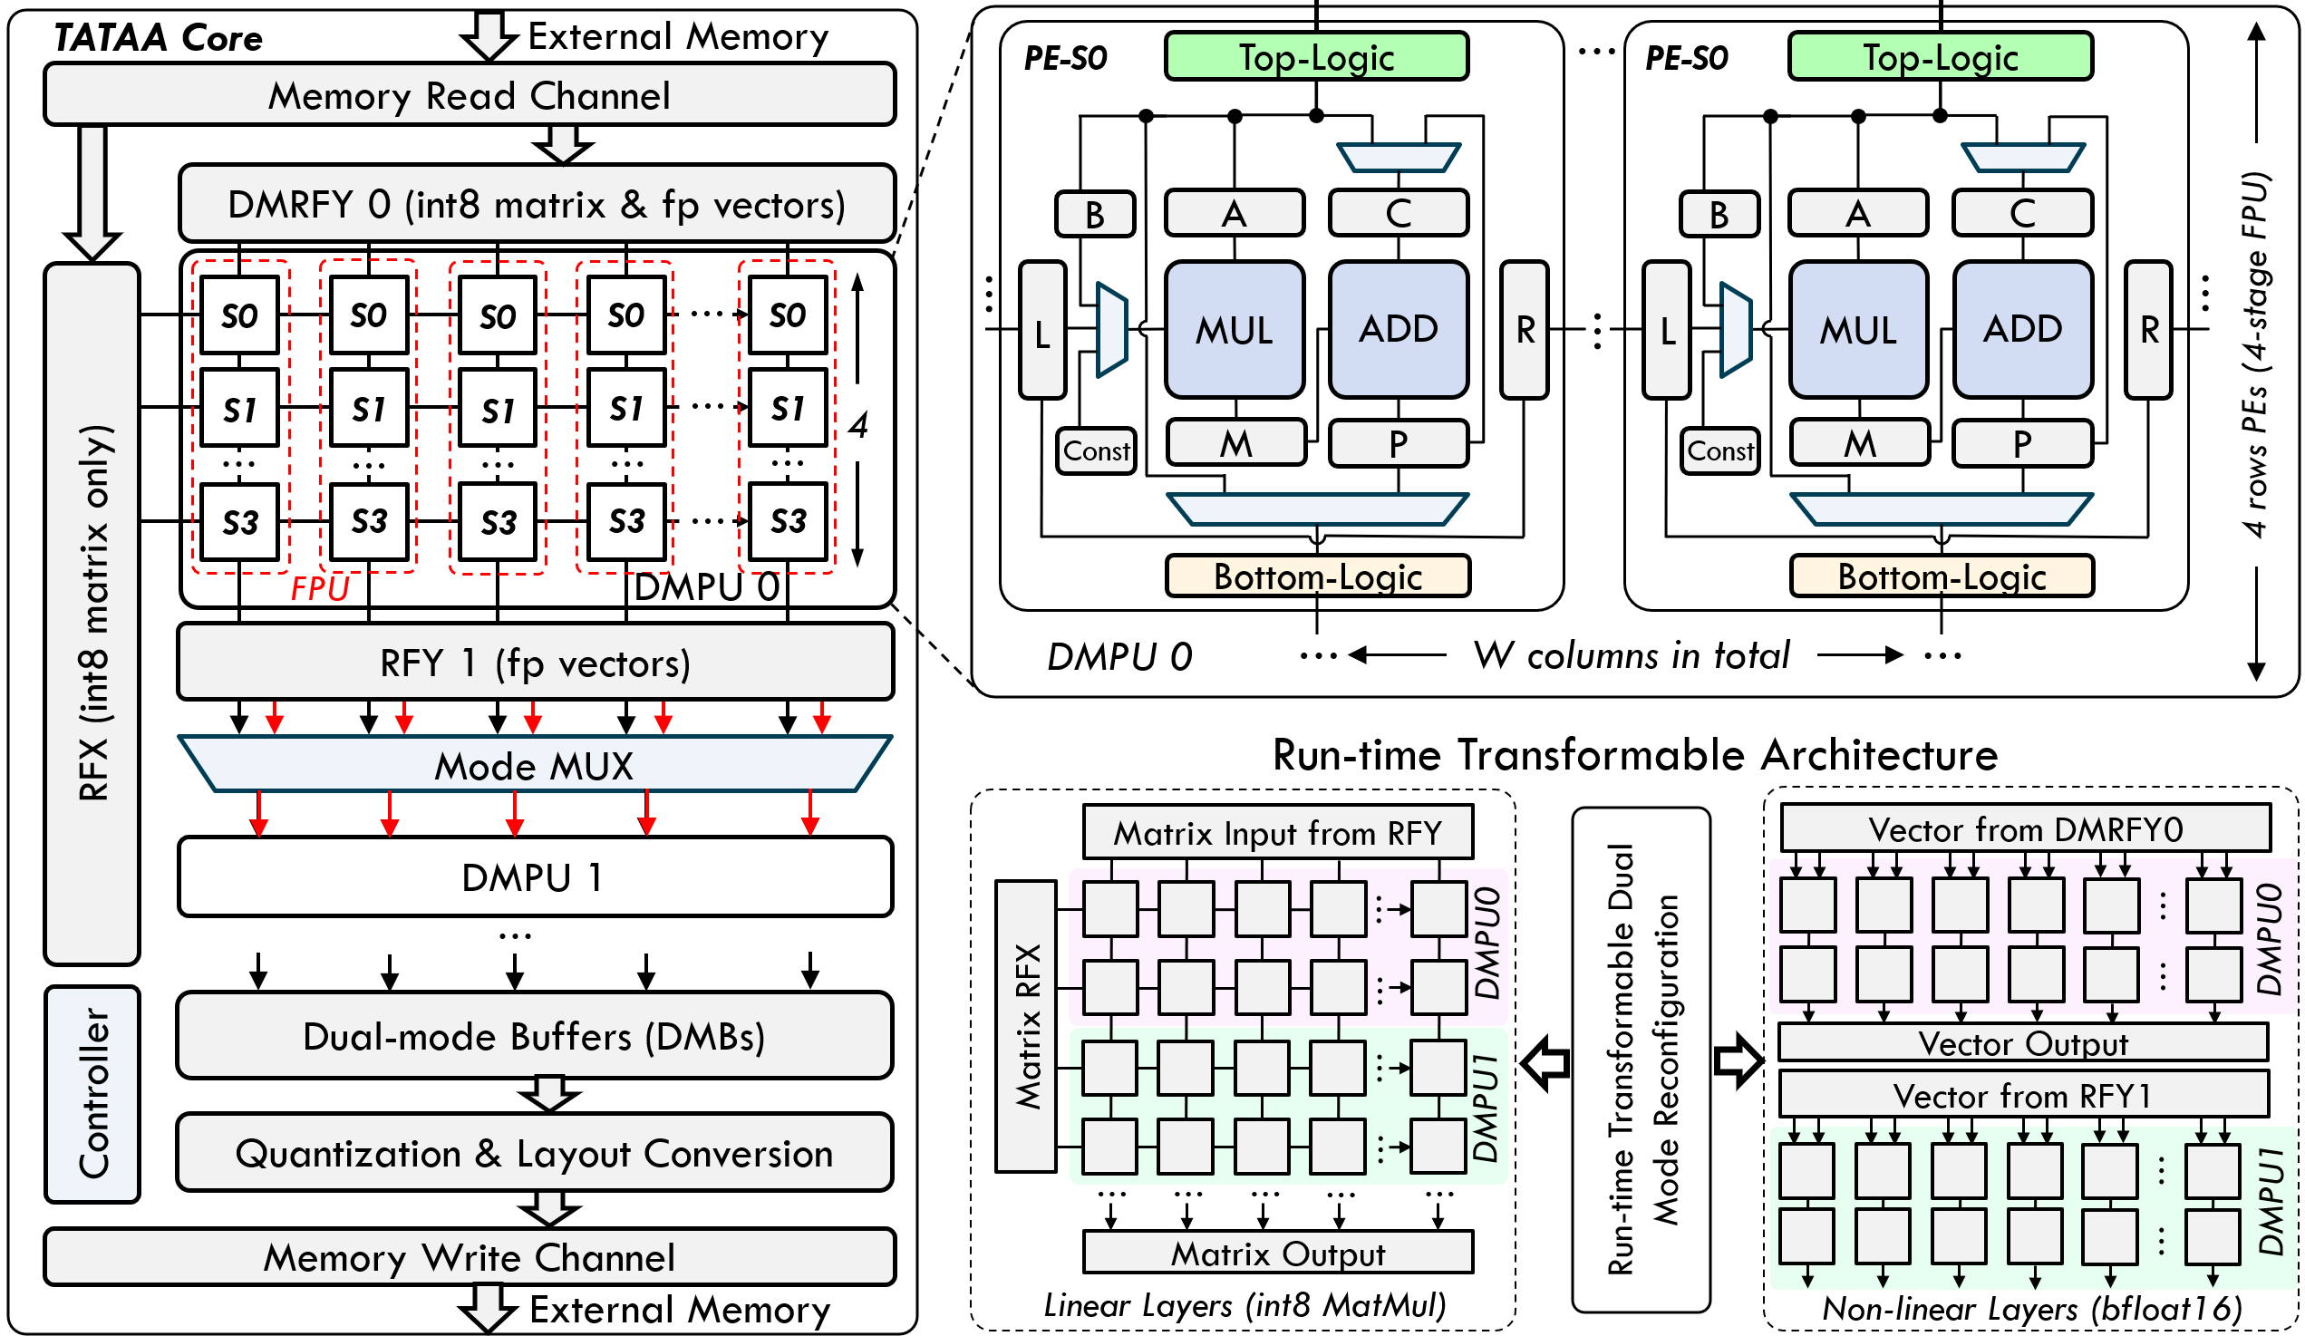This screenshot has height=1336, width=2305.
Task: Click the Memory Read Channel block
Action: (x=470, y=95)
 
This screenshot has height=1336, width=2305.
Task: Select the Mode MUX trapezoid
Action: (x=534, y=765)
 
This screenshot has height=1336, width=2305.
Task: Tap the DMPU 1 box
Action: (x=534, y=877)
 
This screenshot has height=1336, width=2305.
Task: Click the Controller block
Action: (x=92, y=1094)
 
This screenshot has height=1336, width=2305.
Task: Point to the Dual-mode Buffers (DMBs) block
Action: (x=534, y=1036)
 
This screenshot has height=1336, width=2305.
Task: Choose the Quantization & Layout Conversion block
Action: (x=534, y=1153)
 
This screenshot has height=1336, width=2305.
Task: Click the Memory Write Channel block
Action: (x=470, y=1257)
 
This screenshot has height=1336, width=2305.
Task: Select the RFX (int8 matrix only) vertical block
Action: (x=92, y=613)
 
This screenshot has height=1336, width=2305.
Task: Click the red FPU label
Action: (x=320, y=588)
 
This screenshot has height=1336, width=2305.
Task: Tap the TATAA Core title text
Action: (x=159, y=37)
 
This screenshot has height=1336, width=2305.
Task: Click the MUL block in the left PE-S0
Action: (x=1234, y=330)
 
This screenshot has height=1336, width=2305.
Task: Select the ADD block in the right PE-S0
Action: (x=2022, y=328)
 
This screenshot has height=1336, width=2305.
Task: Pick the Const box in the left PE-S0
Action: (x=1096, y=450)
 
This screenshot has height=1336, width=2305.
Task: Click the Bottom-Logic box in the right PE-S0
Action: (x=1941, y=577)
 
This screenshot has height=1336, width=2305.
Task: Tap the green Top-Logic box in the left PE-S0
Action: (x=1316, y=57)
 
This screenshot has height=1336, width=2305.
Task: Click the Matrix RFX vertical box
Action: (x=1026, y=1026)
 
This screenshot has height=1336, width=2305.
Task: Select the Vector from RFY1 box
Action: (x=2022, y=1095)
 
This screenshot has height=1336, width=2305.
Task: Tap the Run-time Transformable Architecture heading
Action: (x=1634, y=755)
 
